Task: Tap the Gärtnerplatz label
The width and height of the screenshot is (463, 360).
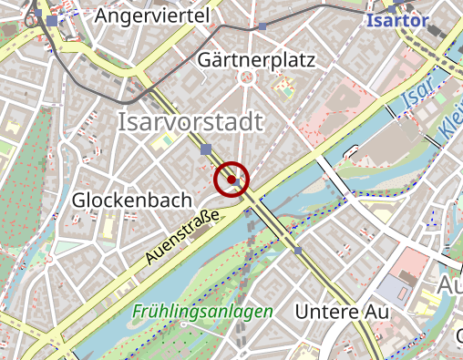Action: [x=255, y=61]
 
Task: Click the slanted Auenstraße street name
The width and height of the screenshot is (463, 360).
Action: [x=182, y=238]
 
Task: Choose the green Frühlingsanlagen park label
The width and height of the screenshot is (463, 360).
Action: [x=202, y=311]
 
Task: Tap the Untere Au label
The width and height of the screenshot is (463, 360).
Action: [x=342, y=312]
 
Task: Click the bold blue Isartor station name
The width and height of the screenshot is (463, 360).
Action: [x=396, y=19]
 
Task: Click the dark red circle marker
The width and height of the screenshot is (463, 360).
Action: [x=231, y=180]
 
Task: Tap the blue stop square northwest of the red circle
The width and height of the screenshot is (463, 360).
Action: [x=208, y=149]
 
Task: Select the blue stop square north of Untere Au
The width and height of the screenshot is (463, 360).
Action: [x=298, y=251]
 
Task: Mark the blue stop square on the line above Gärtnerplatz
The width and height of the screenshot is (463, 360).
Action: [x=262, y=27]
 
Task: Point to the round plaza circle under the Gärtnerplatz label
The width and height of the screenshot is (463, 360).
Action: [x=244, y=78]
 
